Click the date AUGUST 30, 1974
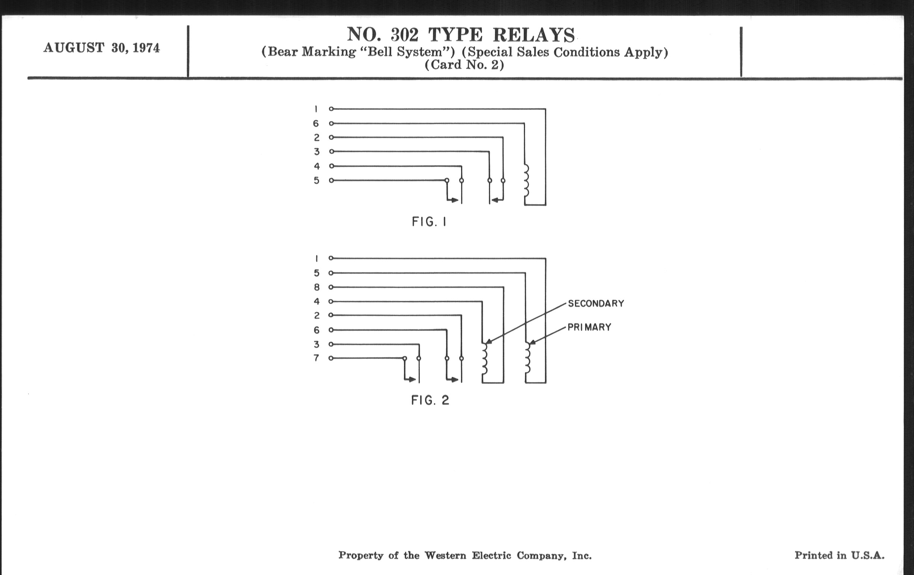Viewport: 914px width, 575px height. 101,48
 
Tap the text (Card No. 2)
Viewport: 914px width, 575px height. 464,65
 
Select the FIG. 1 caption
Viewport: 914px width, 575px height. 429,222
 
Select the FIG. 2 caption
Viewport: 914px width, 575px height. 430,400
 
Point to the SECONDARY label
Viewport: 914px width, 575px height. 596,303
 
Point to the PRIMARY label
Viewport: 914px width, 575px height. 589,327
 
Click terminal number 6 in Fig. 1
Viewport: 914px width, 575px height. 316,123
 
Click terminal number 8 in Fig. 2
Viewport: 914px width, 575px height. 316,287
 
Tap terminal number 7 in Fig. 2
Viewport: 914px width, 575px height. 316,358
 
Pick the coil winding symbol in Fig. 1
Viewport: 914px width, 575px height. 526,180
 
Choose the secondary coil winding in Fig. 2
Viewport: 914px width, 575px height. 484,359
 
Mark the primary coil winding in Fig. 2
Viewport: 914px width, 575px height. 528,359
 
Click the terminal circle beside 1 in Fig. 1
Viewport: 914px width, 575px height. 331,109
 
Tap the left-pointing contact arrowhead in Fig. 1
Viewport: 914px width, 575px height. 495,200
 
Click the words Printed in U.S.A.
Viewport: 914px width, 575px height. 839,555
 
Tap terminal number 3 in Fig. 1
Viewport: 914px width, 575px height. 316,152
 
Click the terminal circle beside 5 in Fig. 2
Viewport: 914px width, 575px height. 331,273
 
